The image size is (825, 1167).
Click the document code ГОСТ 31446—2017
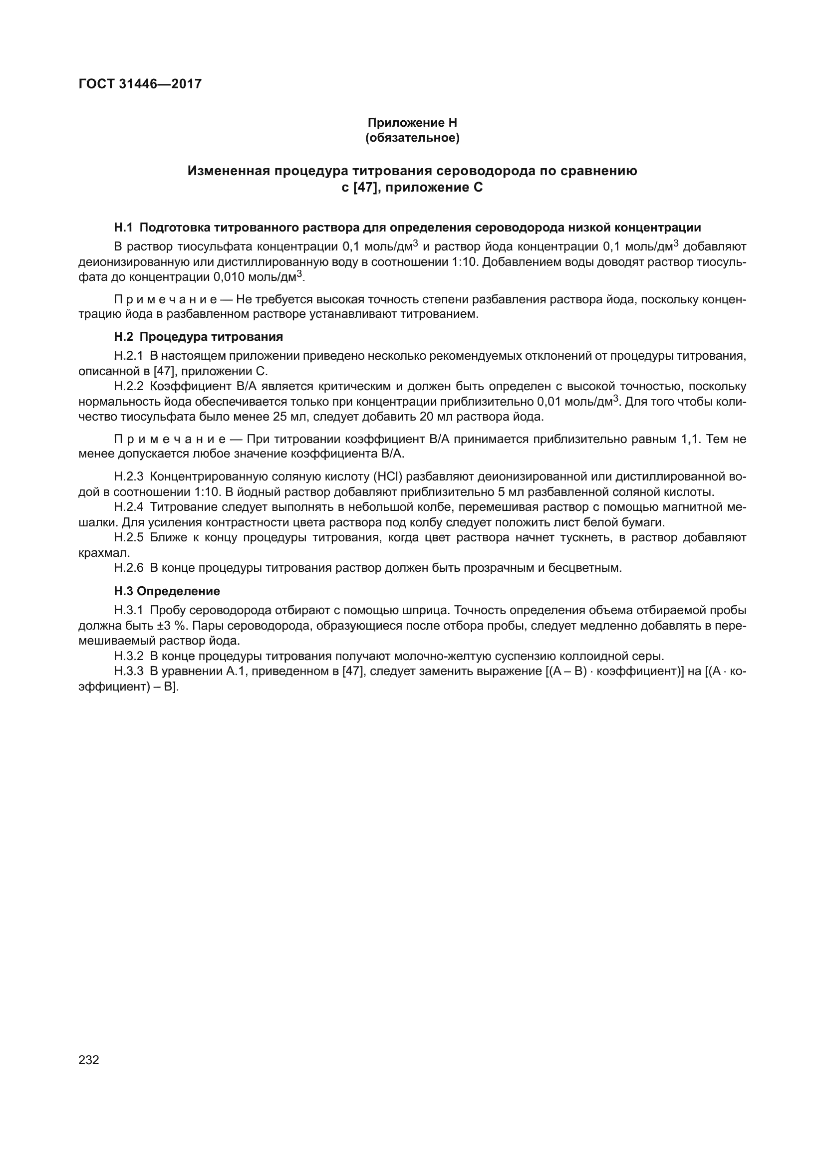pyautogui.click(x=140, y=84)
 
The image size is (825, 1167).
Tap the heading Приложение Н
pyautogui.click(x=412, y=123)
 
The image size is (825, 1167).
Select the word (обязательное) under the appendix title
pyautogui.click(x=412, y=138)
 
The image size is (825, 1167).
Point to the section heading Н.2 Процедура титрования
pyautogui.click(x=198, y=336)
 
